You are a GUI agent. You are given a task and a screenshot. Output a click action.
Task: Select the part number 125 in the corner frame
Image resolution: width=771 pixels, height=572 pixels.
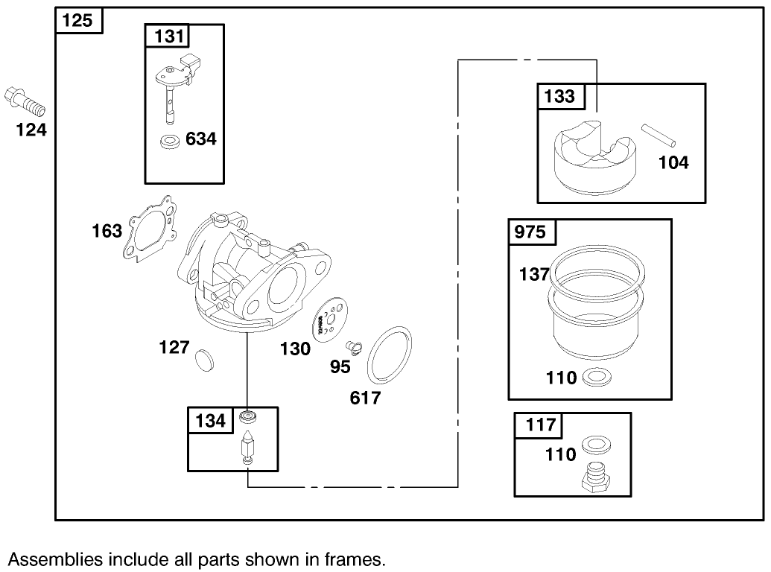click(77, 20)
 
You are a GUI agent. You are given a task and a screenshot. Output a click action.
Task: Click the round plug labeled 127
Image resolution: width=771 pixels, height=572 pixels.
click(203, 359)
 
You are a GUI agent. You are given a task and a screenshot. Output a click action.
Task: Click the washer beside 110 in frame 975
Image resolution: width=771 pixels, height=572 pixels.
click(594, 378)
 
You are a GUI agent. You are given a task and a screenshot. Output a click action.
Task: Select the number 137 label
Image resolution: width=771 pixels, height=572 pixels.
click(534, 275)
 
